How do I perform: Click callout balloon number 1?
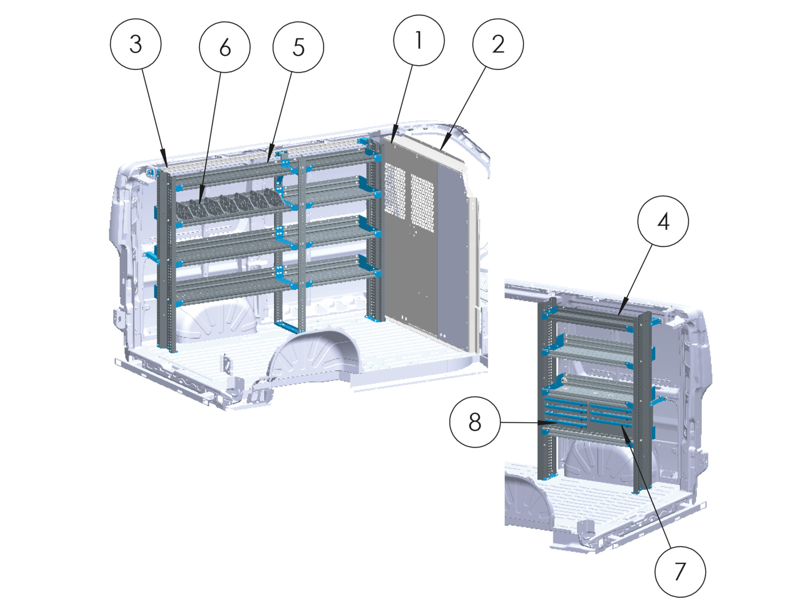(x=419, y=40)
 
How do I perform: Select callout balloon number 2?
(x=498, y=44)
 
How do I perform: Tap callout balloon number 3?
(x=136, y=44)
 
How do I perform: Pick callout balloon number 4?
(x=663, y=221)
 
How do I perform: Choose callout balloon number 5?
(x=298, y=47)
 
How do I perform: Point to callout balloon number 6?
(x=225, y=47)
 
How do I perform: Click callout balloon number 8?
(x=475, y=422)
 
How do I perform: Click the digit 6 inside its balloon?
(x=225, y=47)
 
